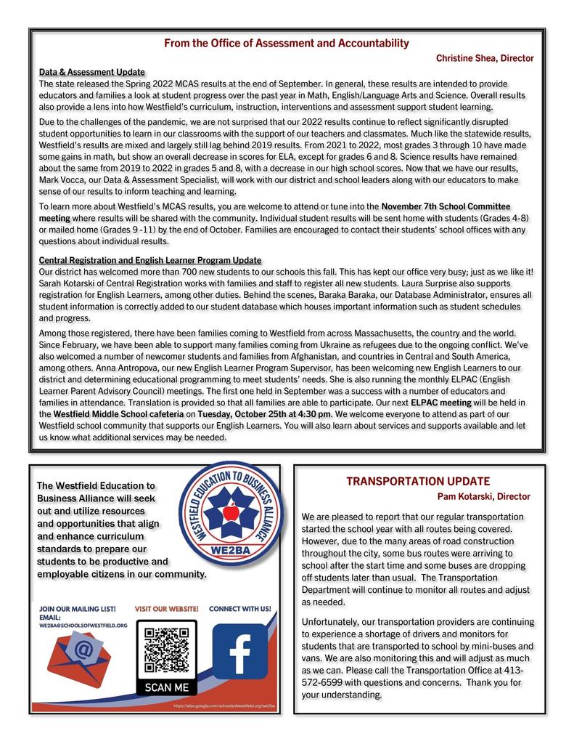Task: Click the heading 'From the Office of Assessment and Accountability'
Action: (287, 44)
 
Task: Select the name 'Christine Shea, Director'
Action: (484, 58)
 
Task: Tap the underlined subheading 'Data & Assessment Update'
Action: (91, 73)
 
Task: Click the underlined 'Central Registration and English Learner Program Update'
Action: (150, 260)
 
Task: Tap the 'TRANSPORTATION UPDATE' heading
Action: (418, 481)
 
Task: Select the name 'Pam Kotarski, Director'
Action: (483, 496)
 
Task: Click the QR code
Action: (166, 648)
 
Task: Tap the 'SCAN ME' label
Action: (166, 687)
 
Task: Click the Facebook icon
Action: (239, 651)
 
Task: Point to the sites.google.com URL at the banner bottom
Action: (225, 705)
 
